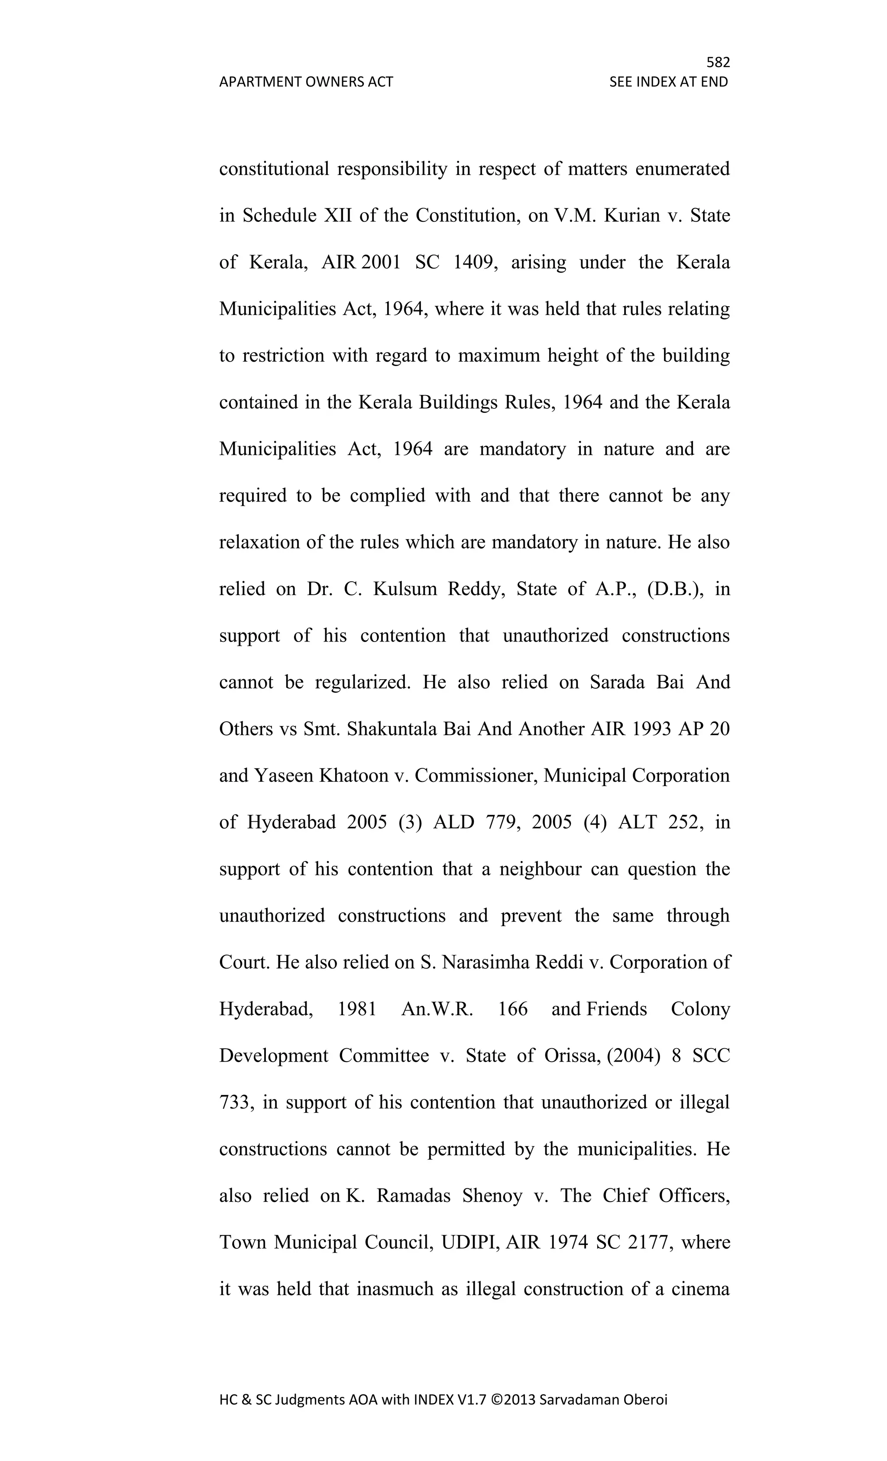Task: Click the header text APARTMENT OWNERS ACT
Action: [x=306, y=82]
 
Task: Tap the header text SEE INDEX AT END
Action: [x=668, y=82]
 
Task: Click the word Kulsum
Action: [x=404, y=589]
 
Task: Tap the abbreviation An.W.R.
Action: [x=437, y=1009]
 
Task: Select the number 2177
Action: [x=647, y=1242]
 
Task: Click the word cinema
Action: [x=699, y=1289]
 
